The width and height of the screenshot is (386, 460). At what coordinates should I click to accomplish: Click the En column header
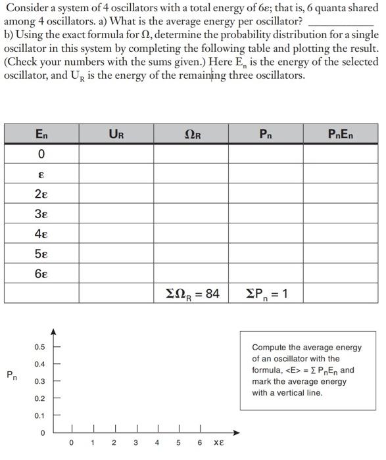coord(41,134)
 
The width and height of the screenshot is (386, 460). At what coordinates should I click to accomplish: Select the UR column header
coord(116,134)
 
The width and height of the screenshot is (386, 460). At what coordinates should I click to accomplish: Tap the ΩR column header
coord(191,134)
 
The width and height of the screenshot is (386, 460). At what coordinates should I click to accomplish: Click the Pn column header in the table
coord(266,134)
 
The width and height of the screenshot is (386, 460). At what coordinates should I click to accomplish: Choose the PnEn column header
coord(340,134)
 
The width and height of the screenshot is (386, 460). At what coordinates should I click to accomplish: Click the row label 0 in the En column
coord(41,154)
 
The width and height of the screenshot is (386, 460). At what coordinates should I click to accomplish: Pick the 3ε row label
coord(41,214)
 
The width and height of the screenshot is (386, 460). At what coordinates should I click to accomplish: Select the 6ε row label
coord(41,273)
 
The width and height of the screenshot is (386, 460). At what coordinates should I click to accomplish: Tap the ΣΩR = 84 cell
coord(191,293)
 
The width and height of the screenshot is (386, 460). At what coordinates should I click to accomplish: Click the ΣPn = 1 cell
coord(266,293)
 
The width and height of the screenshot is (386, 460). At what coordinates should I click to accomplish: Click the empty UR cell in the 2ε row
coord(116,194)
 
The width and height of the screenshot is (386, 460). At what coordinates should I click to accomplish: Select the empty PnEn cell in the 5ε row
coord(340,253)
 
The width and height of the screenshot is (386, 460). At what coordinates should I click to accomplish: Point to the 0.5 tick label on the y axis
coord(39,347)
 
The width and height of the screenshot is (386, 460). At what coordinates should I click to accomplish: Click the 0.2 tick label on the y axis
coord(39,399)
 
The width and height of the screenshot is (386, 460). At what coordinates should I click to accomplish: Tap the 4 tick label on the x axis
coord(157,443)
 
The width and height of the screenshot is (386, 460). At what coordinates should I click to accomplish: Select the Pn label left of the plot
coord(12,375)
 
